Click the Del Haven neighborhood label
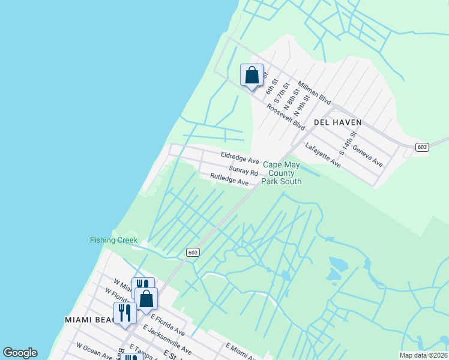338,122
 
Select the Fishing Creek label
113,241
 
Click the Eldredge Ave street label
240,158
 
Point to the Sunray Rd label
243,170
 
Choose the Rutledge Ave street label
229,179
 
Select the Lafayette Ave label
323,155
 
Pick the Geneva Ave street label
367,155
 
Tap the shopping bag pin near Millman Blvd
252,76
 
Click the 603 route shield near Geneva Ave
421,147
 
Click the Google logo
20,353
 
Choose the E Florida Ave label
167,324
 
